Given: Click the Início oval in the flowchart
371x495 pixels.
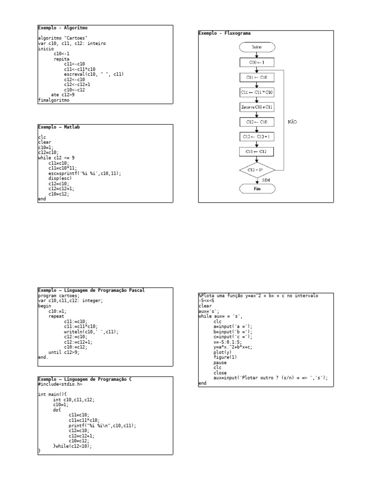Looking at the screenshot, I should [257, 47].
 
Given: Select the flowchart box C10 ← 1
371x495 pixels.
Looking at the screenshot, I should [257, 62].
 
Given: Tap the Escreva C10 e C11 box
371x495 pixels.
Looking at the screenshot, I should [257, 106].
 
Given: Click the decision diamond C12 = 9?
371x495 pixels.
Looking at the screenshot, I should [257, 170].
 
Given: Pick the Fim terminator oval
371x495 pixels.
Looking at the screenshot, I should [257, 189].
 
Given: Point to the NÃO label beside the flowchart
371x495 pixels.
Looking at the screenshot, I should [292, 122].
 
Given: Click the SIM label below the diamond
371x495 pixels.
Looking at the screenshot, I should [266, 179].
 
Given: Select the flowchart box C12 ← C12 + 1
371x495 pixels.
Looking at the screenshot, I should [257, 136].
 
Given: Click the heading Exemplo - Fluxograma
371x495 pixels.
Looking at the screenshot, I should [225, 33].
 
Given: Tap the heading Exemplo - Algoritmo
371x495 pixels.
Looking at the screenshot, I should [63, 28].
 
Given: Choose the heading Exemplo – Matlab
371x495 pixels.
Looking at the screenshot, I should [59, 127].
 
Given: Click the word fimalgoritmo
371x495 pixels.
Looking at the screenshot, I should [54, 100].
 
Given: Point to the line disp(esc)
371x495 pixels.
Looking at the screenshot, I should [60, 178].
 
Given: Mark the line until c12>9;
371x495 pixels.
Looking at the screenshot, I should [64, 352].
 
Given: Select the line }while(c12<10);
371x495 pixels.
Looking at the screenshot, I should [72, 446].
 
